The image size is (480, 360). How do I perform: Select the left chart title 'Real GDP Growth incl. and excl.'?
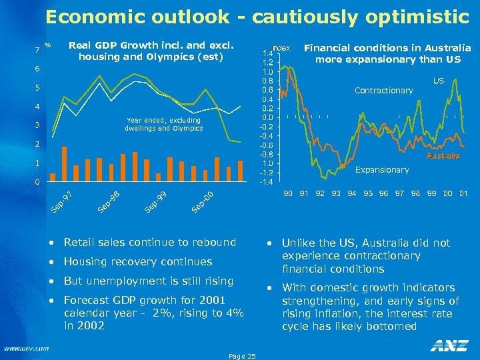point(152,45)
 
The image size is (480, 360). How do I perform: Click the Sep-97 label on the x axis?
point(61,202)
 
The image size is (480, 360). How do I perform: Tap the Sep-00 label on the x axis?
point(202,202)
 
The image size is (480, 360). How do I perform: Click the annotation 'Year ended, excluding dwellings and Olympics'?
point(163,124)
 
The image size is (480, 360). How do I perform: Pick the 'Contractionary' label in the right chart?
point(384,90)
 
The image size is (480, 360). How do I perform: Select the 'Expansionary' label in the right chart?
point(382,170)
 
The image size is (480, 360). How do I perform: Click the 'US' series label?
point(439,81)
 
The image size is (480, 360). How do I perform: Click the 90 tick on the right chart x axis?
point(288,193)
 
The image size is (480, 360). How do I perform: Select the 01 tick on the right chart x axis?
point(463,193)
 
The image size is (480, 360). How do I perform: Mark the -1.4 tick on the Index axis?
point(267,182)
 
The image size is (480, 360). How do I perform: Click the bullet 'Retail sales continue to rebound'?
point(150,242)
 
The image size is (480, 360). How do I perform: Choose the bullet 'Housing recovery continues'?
point(138,261)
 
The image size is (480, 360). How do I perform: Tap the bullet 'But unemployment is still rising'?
point(149,281)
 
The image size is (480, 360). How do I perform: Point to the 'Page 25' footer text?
point(241,356)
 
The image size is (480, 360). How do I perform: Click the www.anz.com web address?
point(26,348)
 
